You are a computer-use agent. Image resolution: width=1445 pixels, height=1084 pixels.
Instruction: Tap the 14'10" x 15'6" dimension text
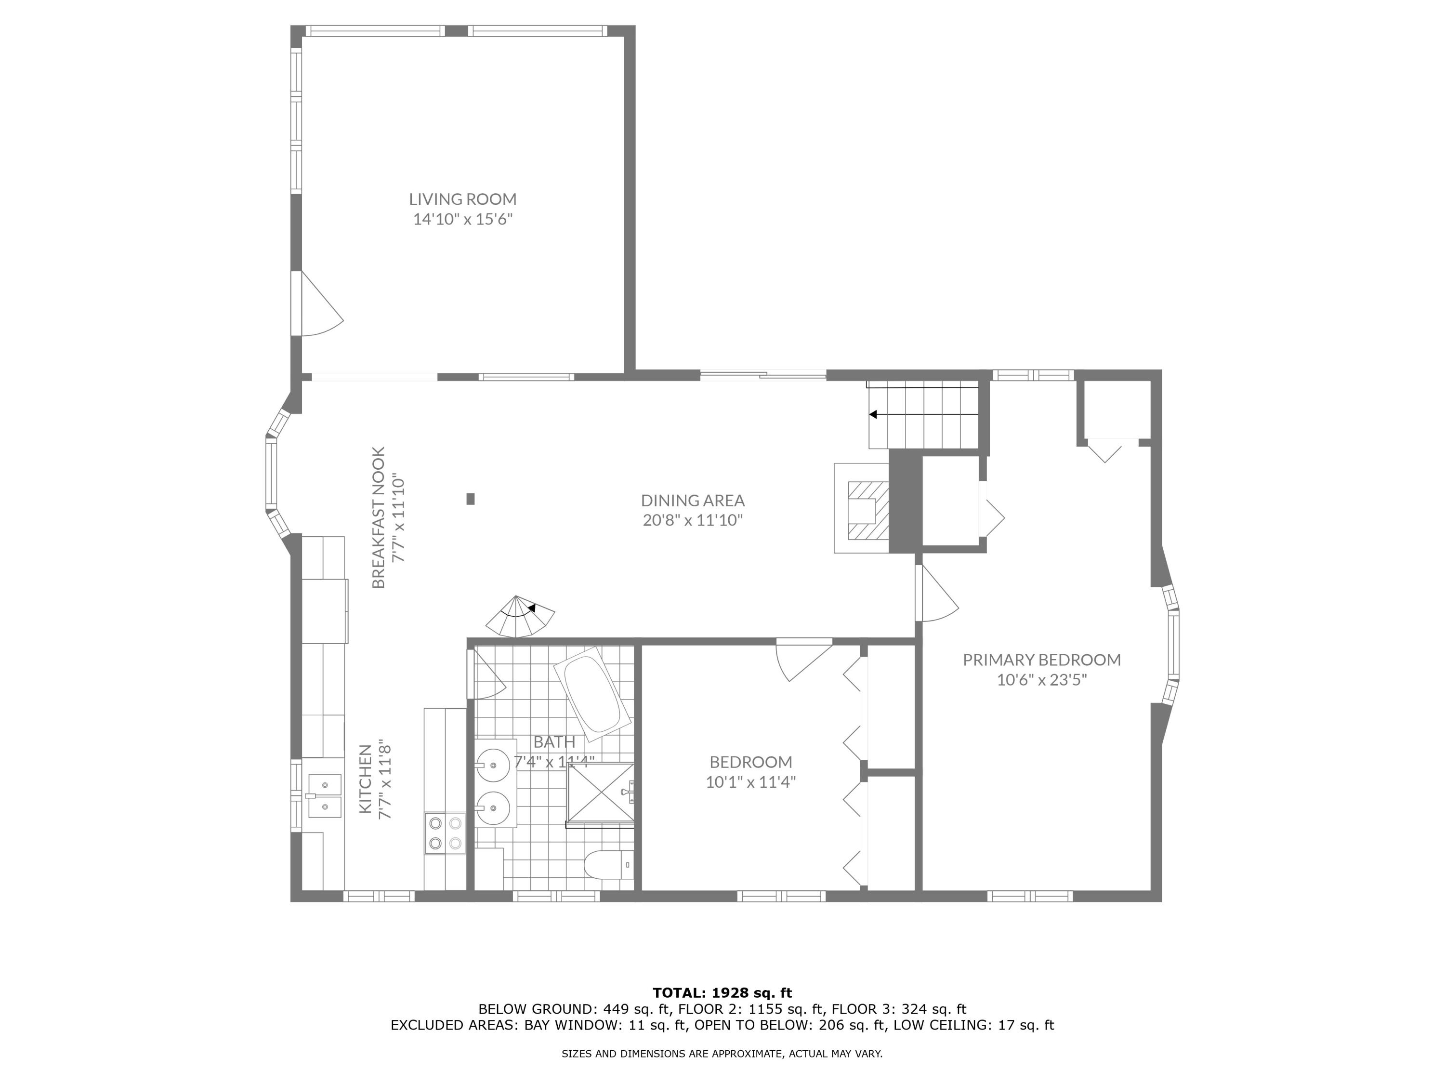(462, 219)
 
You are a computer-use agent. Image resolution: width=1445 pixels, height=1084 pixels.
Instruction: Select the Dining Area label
(693, 501)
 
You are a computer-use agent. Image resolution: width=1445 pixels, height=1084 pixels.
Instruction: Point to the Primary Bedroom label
(1042, 660)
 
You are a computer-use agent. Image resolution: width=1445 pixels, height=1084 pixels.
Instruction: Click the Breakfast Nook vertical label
(379, 517)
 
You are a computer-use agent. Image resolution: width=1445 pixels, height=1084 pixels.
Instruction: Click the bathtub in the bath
(592, 694)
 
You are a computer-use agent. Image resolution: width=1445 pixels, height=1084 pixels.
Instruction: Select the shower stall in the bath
(600, 794)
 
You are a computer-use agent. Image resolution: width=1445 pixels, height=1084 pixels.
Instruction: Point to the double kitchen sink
(325, 796)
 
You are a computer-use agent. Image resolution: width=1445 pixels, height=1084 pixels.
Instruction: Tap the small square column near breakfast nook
(470, 499)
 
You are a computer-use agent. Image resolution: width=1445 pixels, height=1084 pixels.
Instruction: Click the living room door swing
(322, 304)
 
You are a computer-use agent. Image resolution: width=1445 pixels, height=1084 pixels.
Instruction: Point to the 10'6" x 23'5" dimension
(1042, 680)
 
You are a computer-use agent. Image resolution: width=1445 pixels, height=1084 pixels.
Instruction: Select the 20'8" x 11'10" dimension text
(693, 521)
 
